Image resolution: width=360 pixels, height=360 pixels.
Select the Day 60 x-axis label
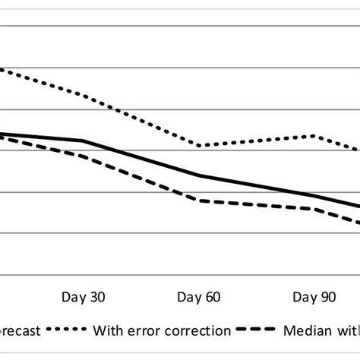pos(198,297)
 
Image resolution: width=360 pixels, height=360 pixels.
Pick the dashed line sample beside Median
pos(257,330)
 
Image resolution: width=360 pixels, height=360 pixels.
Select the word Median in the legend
pos(305,330)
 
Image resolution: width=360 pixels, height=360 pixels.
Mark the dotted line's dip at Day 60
pos(200,146)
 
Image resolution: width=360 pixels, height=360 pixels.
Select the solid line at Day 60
pos(199,175)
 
